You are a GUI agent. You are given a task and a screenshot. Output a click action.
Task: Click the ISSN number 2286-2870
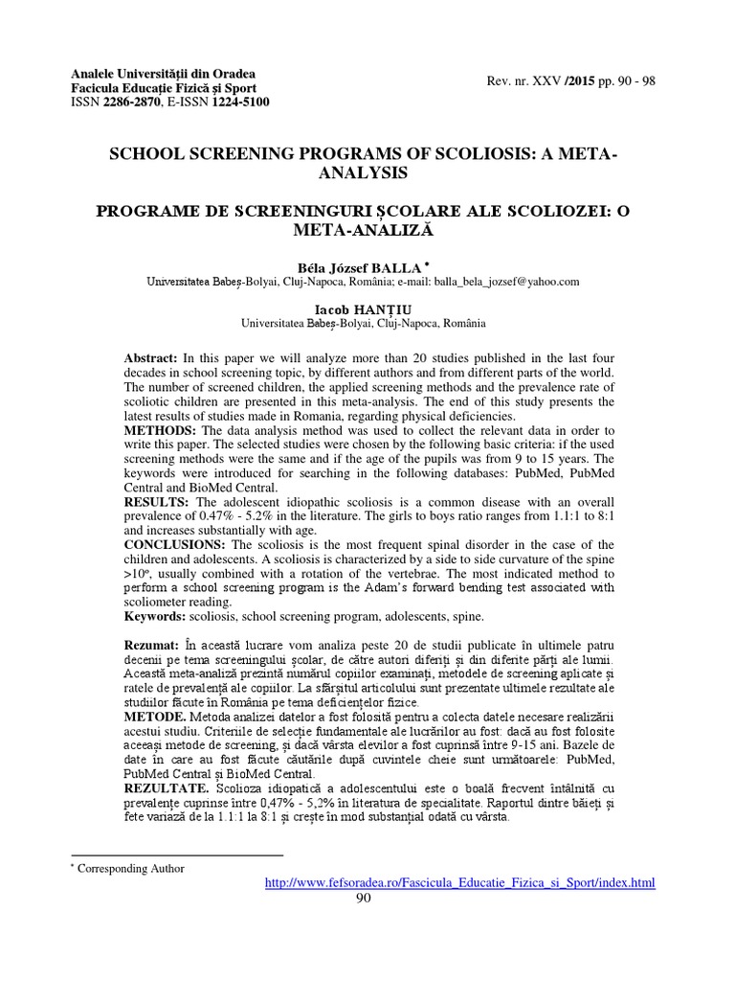pos(136,102)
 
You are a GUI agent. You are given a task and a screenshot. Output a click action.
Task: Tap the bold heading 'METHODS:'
pos(157,431)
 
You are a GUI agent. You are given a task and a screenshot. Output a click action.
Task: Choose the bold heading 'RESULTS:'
pos(154,503)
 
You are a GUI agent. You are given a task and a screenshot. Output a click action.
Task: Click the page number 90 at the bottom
pos(363,898)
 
